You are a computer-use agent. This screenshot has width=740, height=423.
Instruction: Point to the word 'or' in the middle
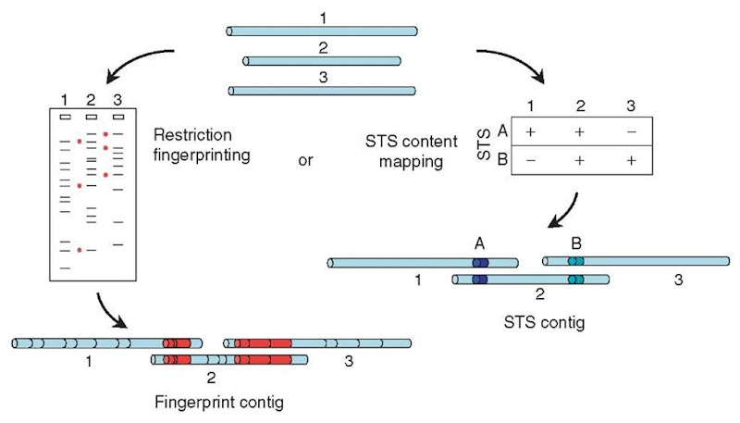point(304,160)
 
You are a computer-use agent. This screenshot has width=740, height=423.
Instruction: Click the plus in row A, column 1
point(531,131)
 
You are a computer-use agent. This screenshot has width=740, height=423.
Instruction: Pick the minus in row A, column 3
point(630,131)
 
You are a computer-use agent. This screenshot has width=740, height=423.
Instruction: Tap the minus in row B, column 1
point(531,160)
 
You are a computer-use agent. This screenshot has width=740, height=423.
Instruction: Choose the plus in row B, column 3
point(630,160)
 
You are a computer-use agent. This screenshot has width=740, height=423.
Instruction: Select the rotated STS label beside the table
point(484,146)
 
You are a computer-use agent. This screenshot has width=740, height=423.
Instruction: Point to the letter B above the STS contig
point(576,243)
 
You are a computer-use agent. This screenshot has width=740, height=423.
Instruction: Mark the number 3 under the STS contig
point(678,280)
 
